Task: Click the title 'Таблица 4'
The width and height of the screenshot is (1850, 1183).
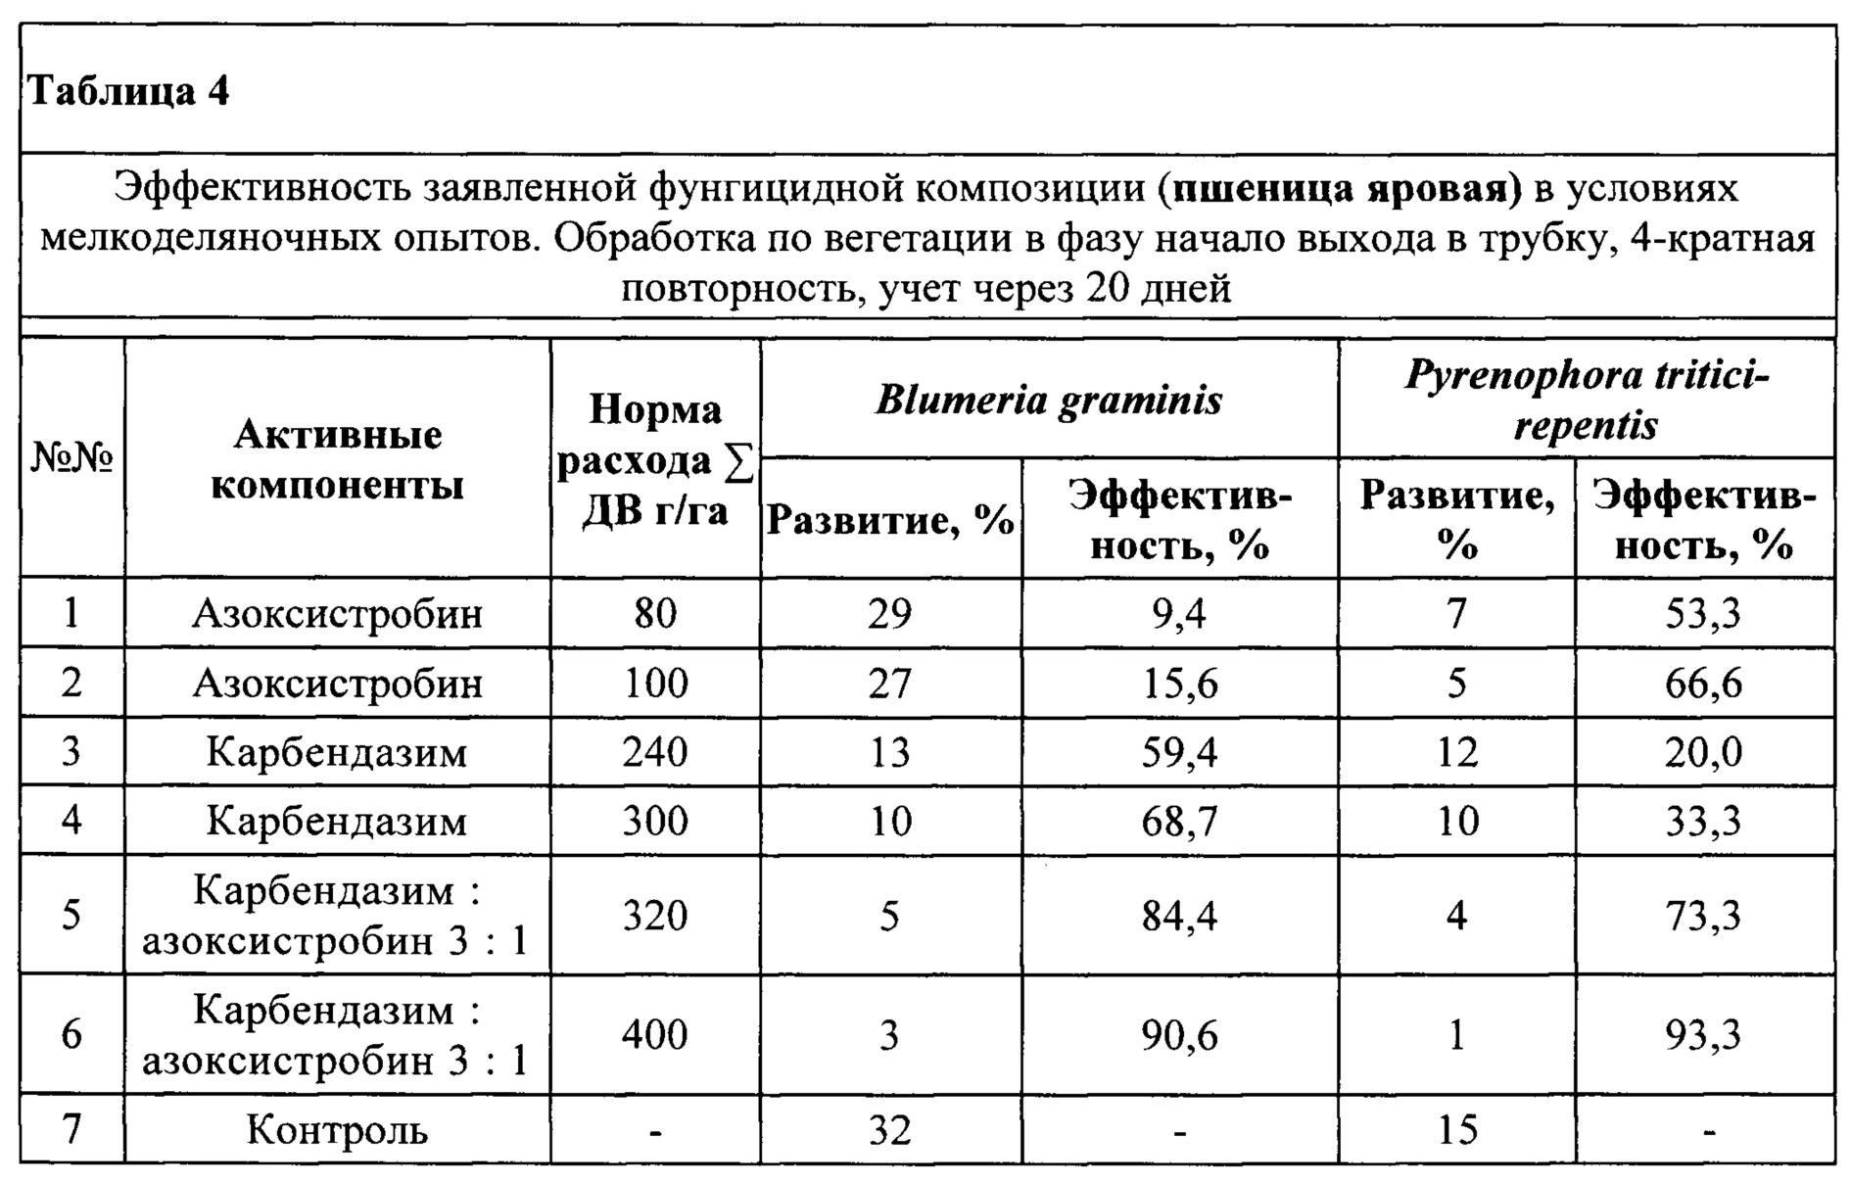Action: pos(129,91)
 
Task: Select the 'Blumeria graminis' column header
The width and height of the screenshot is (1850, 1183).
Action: pos(1049,400)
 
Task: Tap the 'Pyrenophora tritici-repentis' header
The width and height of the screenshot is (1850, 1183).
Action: pos(1587,400)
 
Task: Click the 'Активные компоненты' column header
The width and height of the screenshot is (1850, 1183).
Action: pos(337,460)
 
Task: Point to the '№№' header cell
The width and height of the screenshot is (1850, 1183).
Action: pos(72,456)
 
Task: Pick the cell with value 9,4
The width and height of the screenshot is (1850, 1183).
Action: pos(1179,614)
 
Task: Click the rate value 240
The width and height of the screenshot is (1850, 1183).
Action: pos(655,751)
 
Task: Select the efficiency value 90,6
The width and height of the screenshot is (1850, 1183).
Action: pos(1179,1035)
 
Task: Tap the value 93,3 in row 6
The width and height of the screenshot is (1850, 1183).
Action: pos(1703,1035)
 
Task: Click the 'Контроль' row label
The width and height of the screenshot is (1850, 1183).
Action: pos(337,1130)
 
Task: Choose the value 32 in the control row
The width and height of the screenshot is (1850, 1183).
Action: pos(889,1130)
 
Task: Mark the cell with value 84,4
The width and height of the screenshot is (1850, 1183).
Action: pos(1179,916)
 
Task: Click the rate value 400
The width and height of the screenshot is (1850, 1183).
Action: pos(655,1035)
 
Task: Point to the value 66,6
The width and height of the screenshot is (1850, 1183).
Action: pos(1703,683)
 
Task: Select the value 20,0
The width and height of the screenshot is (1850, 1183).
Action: pos(1703,751)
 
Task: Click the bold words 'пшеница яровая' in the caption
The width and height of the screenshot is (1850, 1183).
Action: pos(1340,188)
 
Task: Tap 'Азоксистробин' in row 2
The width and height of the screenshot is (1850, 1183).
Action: pos(337,683)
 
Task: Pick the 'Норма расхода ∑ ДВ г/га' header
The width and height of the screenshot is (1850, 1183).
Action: pos(655,460)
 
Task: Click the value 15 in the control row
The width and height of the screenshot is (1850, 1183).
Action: pos(1457,1130)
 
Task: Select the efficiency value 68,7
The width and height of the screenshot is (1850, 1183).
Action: pos(1179,820)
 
